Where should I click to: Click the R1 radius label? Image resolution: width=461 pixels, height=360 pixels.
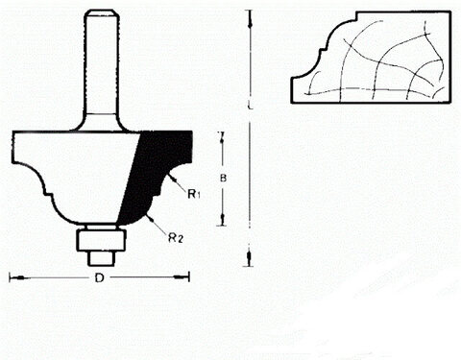(x=193, y=195)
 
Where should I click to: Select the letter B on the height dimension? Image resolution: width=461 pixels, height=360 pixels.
(x=223, y=178)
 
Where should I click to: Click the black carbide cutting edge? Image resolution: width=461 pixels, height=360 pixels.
(x=154, y=173)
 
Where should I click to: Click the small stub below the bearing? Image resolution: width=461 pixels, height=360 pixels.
(x=99, y=256)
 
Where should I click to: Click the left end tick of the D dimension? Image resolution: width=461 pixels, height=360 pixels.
(x=11, y=277)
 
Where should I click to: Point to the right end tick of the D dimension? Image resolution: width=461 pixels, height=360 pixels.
(x=189, y=277)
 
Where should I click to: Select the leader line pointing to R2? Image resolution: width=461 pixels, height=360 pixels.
(x=158, y=226)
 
